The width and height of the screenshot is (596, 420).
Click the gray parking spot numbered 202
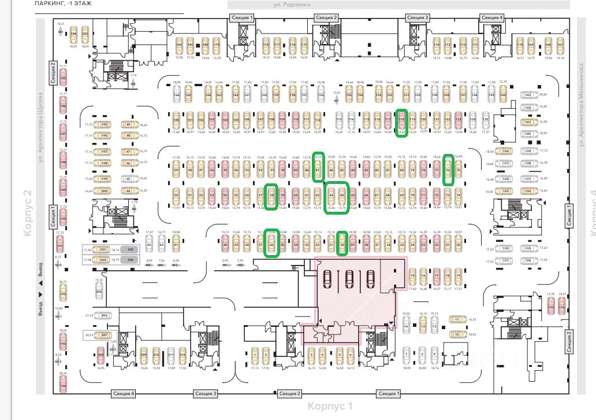click(130, 250)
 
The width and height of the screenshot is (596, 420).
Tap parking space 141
click(528, 122)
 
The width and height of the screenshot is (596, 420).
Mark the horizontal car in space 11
click(457, 319)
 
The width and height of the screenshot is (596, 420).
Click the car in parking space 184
click(73, 35)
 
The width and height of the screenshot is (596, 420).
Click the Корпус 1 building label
click(330, 406)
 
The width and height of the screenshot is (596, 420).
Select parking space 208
click(100, 354)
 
